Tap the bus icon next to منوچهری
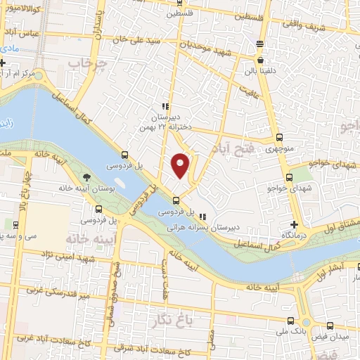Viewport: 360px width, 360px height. tap(279, 138)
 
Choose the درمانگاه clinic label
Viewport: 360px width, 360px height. tap(298, 233)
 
